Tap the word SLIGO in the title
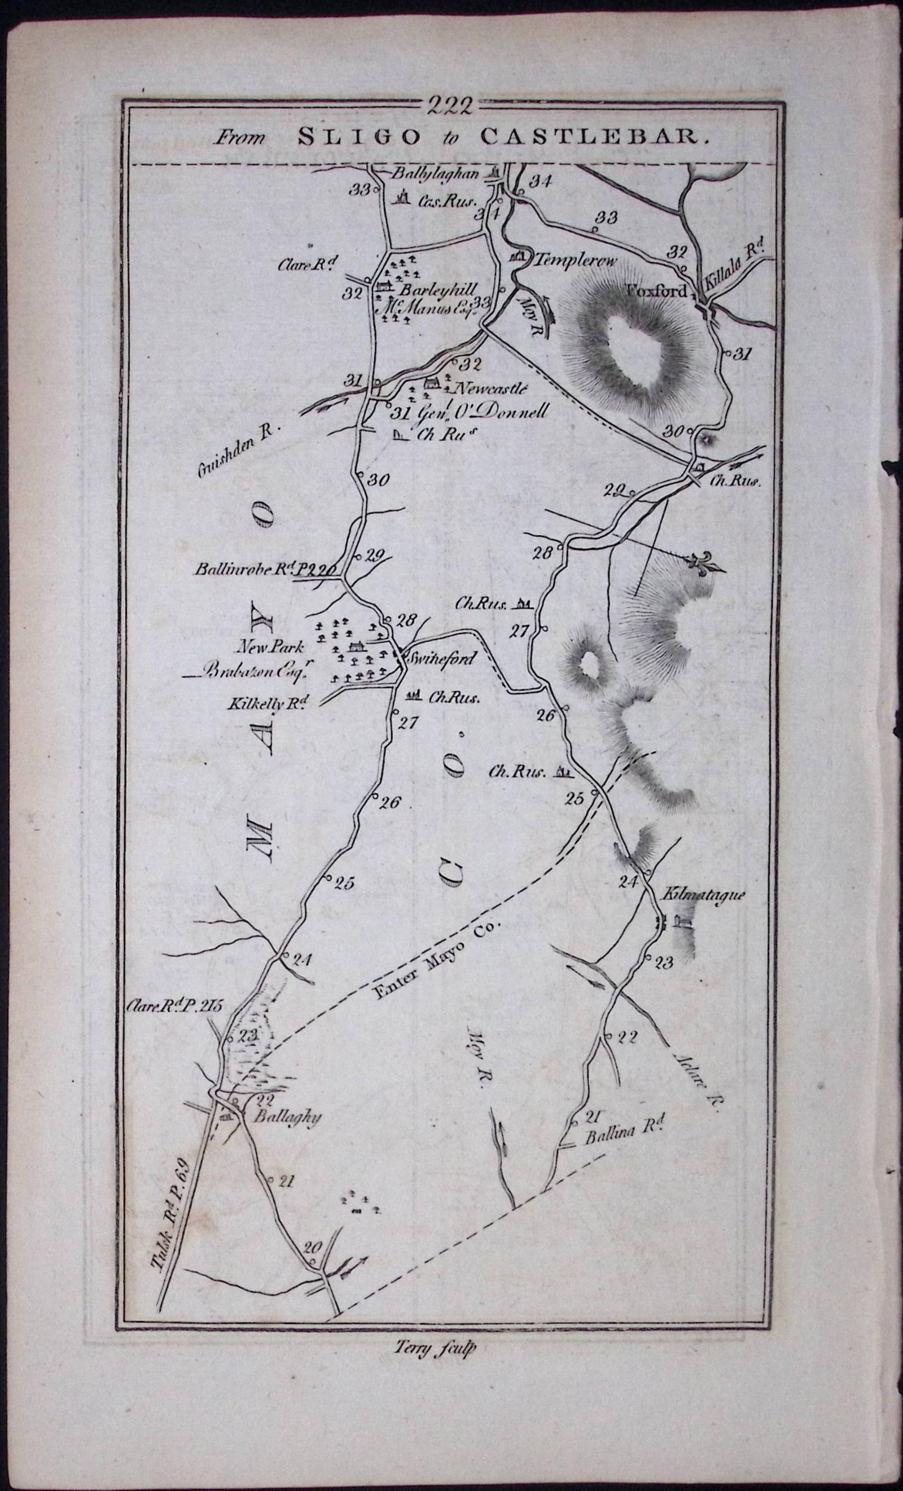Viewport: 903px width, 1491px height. pyautogui.click(x=360, y=138)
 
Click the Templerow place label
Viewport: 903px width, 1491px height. pyautogui.click(x=575, y=261)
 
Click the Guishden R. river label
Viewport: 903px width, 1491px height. pyautogui.click(x=236, y=452)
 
